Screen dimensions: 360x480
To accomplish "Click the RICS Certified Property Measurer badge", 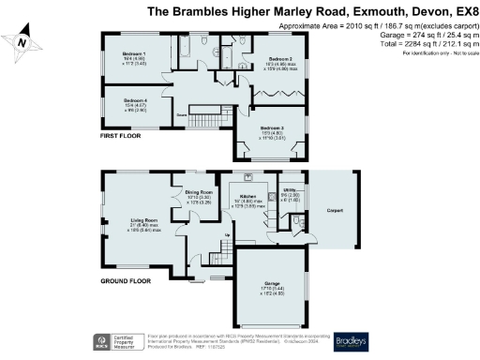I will point(112,340).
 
